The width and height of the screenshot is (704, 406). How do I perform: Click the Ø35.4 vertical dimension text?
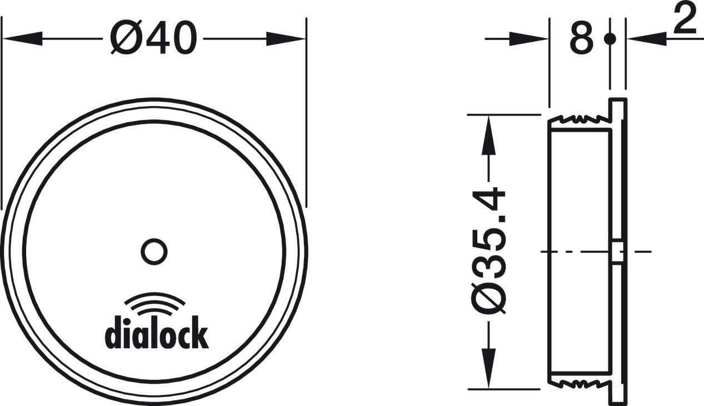[x=489, y=251]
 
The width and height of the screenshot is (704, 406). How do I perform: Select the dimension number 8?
[x=581, y=39]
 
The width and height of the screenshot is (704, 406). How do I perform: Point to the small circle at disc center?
[x=154, y=252]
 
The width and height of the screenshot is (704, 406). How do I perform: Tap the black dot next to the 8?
[x=610, y=39]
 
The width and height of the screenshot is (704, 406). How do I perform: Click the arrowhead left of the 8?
[x=531, y=39]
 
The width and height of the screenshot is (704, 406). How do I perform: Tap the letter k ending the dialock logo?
[x=201, y=334]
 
